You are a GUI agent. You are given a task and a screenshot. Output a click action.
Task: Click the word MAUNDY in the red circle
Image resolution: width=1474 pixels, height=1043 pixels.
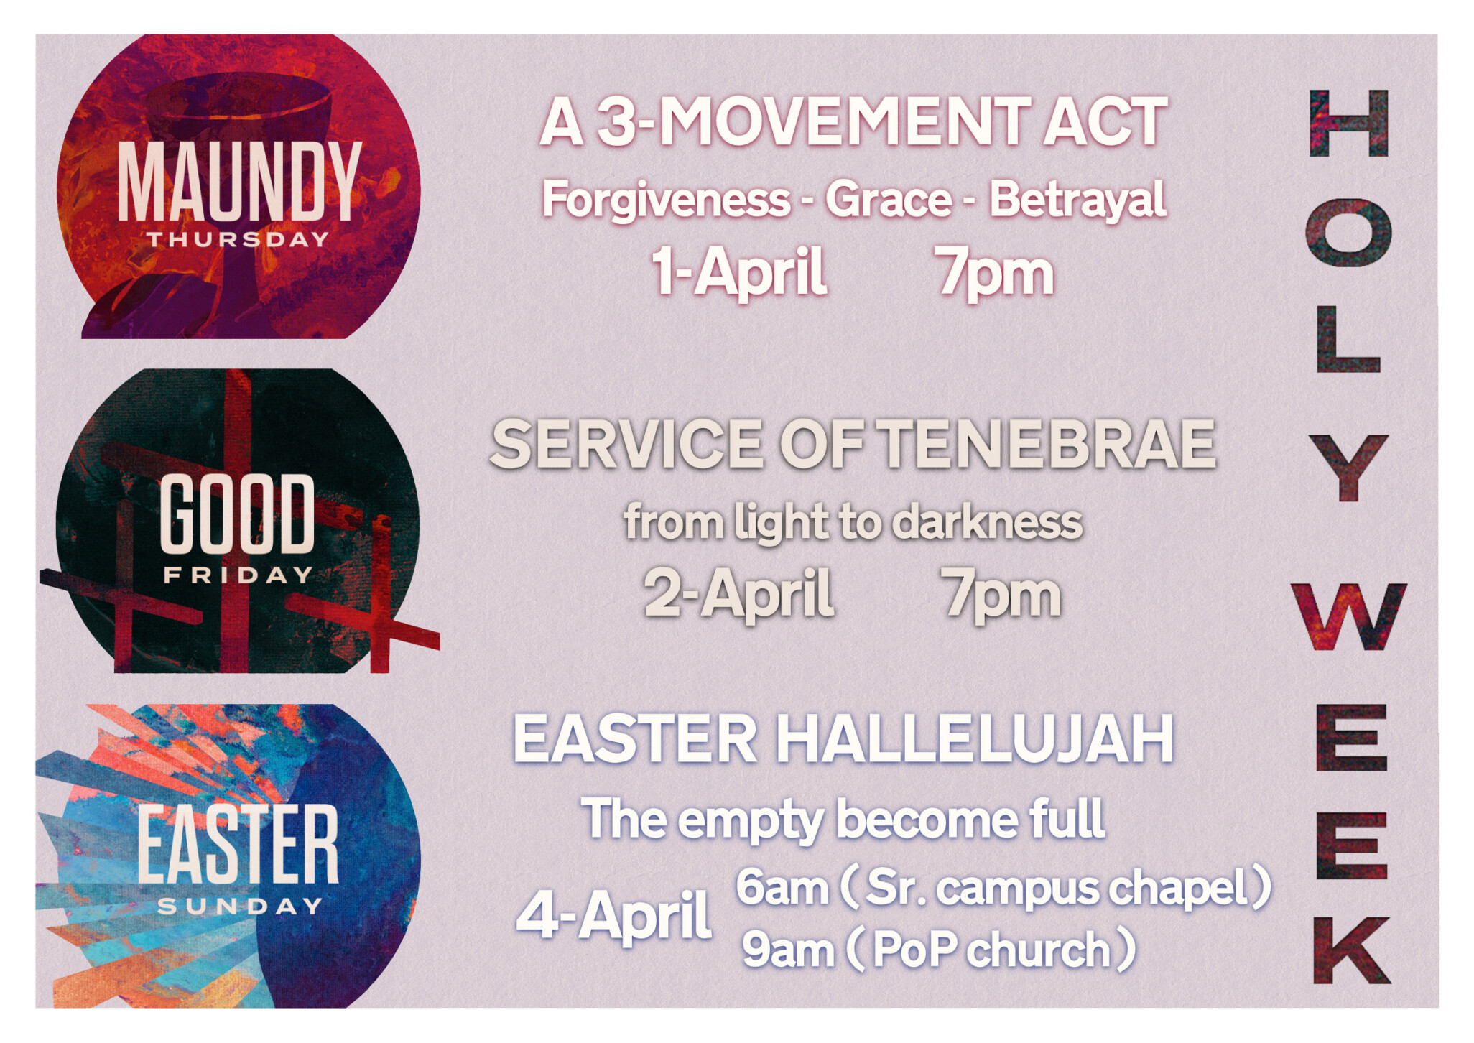click(x=239, y=182)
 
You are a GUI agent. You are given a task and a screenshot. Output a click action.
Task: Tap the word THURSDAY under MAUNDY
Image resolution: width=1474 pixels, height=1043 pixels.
click(x=238, y=239)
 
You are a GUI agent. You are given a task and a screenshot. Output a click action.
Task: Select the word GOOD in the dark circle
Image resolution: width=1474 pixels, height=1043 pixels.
click(x=237, y=514)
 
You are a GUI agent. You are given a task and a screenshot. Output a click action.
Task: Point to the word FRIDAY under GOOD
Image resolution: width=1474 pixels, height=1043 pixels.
click(x=238, y=575)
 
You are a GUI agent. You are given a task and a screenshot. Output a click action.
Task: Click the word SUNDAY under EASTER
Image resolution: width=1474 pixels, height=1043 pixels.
click(x=240, y=907)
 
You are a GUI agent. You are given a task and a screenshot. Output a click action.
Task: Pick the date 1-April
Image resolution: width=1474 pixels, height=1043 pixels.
click(x=739, y=272)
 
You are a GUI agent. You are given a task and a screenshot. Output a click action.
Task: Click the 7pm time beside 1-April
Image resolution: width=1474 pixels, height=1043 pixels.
click(x=995, y=273)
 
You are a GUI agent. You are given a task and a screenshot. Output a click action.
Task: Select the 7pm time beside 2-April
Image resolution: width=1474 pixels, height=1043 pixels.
click(x=1002, y=595)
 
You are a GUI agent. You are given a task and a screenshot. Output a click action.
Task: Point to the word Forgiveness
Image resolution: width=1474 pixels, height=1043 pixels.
click(x=667, y=199)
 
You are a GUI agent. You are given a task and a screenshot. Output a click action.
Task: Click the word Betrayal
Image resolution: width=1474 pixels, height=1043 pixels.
click(x=1077, y=199)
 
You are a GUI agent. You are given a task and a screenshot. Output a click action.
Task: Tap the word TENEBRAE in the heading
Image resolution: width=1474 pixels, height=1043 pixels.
click(x=1049, y=444)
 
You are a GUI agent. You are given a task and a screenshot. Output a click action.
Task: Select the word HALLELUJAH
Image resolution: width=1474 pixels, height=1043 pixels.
click(x=976, y=738)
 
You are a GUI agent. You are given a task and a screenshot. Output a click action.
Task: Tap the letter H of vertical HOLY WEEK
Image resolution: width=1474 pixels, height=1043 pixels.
click(x=1349, y=124)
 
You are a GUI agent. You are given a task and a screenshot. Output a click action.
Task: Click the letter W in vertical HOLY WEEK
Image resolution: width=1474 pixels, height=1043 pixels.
click(x=1349, y=616)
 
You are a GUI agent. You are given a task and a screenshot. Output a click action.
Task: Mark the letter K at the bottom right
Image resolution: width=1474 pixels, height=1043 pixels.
click(x=1352, y=950)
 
